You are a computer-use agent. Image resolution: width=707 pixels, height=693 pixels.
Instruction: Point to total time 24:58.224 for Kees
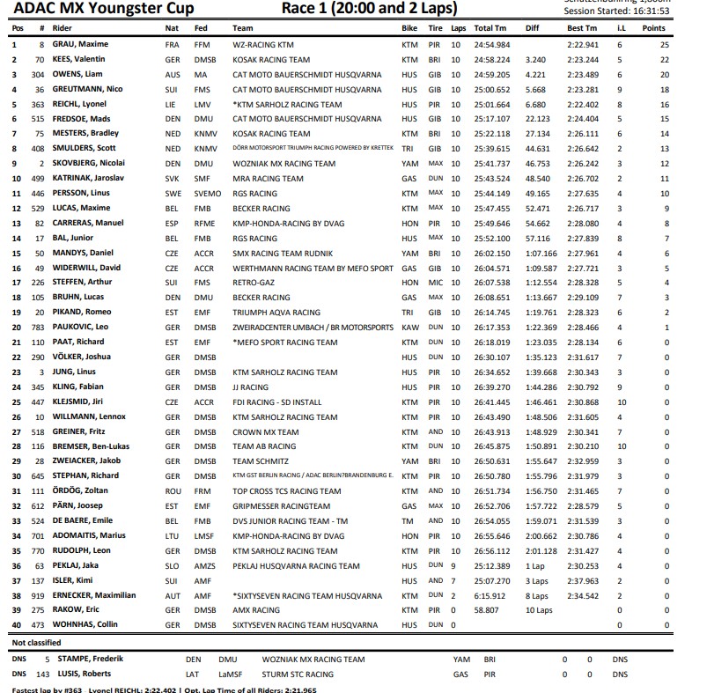point(491,59)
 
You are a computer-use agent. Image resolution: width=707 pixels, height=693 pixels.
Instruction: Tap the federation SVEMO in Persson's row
point(208,194)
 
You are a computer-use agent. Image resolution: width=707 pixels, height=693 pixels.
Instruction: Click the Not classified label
point(38,643)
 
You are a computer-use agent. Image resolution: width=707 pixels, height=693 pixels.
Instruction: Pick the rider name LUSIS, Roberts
point(81,674)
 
